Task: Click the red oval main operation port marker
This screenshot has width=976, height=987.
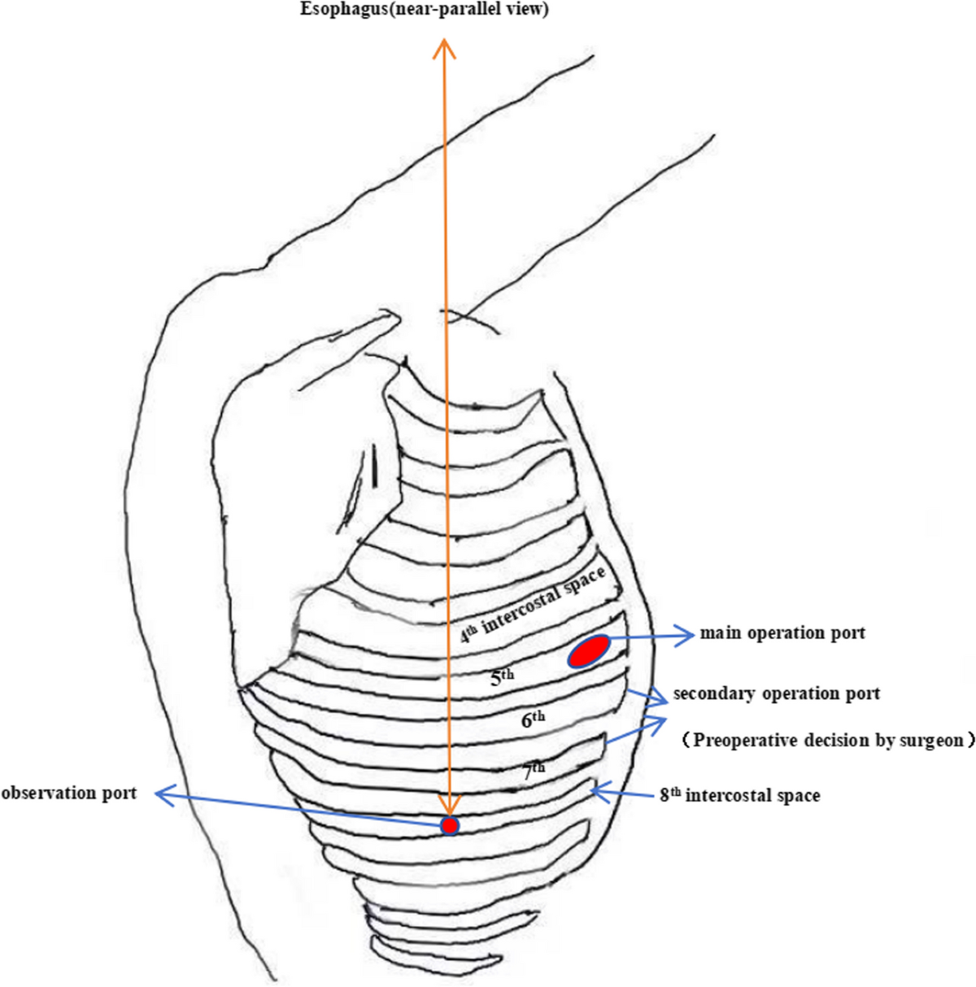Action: coord(589,652)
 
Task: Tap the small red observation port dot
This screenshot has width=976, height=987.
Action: coord(449,825)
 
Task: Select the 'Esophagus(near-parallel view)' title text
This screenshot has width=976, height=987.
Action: coord(424,11)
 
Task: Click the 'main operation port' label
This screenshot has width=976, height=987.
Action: coord(782,633)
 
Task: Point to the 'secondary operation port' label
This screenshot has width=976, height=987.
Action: coord(776,694)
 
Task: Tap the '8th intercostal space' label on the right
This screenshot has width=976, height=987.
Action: coord(739,795)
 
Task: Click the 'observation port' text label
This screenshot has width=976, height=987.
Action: coord(69,792)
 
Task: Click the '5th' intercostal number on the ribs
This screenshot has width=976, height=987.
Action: coord(502,677)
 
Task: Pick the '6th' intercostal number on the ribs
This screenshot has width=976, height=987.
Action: coord(533,719)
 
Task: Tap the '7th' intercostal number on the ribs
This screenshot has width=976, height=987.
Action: coord(534,770)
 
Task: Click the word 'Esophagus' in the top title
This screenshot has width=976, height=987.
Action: coord(337,11)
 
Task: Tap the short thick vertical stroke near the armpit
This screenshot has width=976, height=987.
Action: coord(374,467)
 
